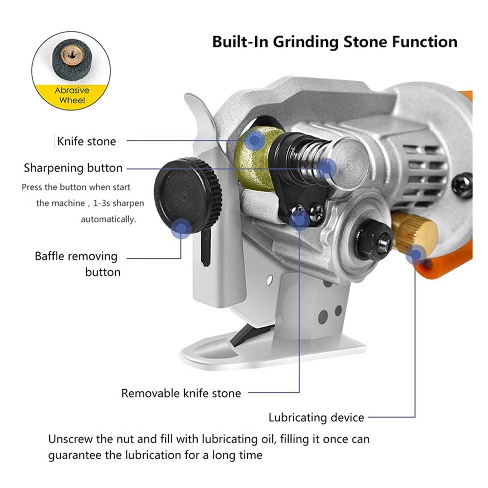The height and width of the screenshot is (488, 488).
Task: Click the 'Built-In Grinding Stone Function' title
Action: tap(335, 42)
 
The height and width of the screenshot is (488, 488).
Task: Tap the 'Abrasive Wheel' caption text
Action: tap(72, 95)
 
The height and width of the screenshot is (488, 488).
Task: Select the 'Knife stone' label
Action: tap(87, 141)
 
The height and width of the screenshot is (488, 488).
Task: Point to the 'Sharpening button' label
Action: tap(73, 168)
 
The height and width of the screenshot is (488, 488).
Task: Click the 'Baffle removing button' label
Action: tap(78, 264)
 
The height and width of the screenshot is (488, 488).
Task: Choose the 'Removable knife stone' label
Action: tap(181, 393)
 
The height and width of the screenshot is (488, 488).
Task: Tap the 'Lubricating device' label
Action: tap(316, 418)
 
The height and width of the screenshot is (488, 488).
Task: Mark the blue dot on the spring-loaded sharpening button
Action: tap(326, 168)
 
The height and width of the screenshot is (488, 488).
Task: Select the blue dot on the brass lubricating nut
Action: tap(415, 254)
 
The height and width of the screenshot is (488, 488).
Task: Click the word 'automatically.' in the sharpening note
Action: tap(108, 219)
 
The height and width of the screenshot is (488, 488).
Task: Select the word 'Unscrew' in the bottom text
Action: tap(70, 439)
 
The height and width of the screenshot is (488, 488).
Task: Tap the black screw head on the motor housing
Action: tap(462, 185)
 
